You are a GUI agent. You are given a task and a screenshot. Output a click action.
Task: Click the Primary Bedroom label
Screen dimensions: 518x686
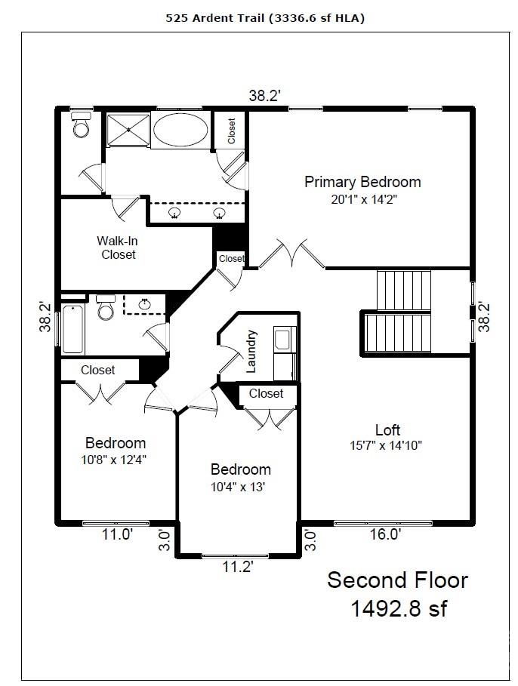point(362,182)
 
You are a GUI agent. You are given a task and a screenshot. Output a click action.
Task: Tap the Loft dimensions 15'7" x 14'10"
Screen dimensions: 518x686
point(386,446)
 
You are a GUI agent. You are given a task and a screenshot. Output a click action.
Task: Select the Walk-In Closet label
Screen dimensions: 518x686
point(118,248)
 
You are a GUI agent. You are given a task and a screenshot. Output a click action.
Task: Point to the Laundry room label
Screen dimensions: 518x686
point(251,352)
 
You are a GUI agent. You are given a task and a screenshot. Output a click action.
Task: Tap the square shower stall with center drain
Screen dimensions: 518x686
point(128,130)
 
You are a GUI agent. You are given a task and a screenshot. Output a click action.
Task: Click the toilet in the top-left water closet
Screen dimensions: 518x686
point(82,125)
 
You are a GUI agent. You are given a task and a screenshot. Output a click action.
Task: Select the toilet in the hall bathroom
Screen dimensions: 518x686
point(106,307)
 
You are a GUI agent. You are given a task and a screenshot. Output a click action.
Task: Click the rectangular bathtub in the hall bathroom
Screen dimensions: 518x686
point(73,329)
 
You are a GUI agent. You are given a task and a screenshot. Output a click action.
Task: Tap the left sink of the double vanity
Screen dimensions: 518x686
point(175,213)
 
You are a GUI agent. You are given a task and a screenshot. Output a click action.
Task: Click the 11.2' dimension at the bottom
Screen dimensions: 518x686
point(238,567)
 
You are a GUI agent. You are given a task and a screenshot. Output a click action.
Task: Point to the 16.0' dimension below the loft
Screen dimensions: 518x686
point(385,534)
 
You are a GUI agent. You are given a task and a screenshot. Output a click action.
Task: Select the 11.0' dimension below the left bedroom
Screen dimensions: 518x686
point(117,534)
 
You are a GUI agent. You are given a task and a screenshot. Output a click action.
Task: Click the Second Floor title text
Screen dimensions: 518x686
point(398,580)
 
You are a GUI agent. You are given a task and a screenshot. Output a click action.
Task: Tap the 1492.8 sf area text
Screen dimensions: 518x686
point(399,608)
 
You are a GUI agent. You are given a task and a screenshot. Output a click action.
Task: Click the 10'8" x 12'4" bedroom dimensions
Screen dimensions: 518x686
point(114,460)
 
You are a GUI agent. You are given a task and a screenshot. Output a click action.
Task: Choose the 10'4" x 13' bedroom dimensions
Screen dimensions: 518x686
point(238,487)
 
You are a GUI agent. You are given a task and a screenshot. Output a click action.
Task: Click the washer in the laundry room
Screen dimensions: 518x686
point(283,339)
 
